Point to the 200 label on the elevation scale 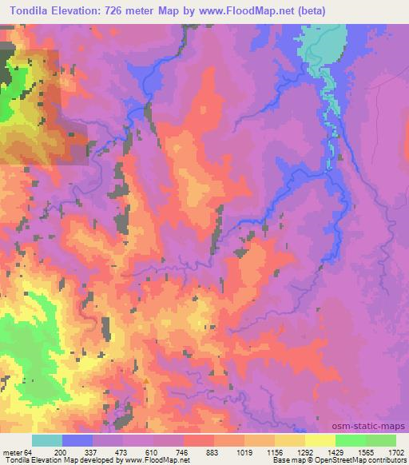pos(78,452)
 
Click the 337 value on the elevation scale pos(109,452)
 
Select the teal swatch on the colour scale pos(47,440)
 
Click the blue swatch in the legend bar pos(77,440)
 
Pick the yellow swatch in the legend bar pos(320,440)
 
